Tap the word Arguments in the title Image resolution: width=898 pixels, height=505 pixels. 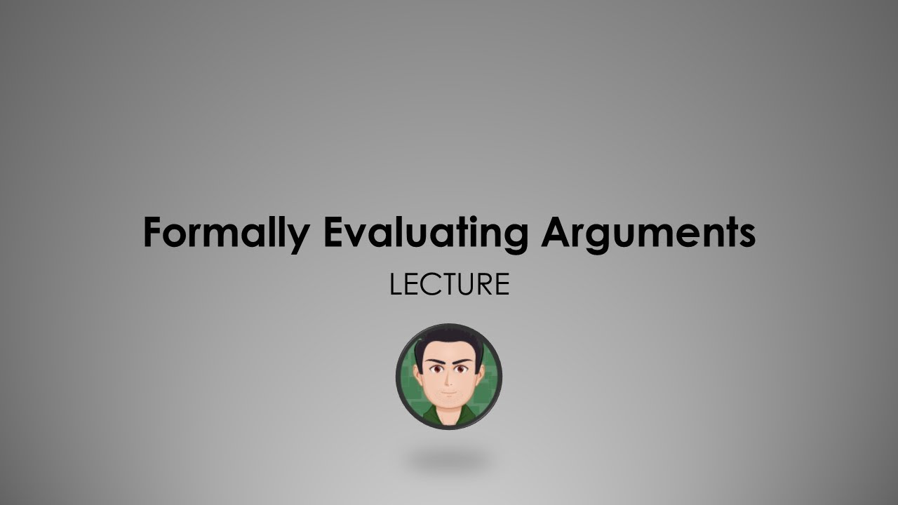pos(648,234)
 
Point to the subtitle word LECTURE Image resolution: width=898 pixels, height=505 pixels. pos(449,285)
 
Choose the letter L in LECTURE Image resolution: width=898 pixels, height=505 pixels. pos(396,285)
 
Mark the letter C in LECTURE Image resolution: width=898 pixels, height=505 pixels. pos(428,285)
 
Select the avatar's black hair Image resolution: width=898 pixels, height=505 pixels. pos(449,341)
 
